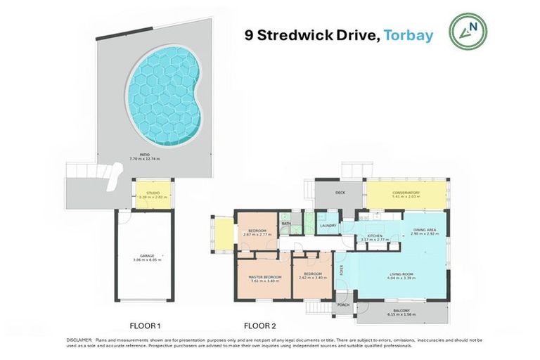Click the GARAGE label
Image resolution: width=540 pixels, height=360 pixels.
146,256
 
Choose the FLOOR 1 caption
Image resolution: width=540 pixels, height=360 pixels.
146,326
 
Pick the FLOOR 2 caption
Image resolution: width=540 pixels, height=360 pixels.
261,326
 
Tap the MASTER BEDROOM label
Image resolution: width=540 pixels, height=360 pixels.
265,276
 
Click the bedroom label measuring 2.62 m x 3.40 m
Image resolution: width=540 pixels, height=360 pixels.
312,274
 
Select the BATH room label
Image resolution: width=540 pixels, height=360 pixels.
287,224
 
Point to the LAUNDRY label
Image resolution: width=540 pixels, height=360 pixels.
328,225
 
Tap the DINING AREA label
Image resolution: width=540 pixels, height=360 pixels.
426,230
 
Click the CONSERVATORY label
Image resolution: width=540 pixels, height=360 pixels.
406,193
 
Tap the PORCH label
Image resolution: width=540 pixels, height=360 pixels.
344,304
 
